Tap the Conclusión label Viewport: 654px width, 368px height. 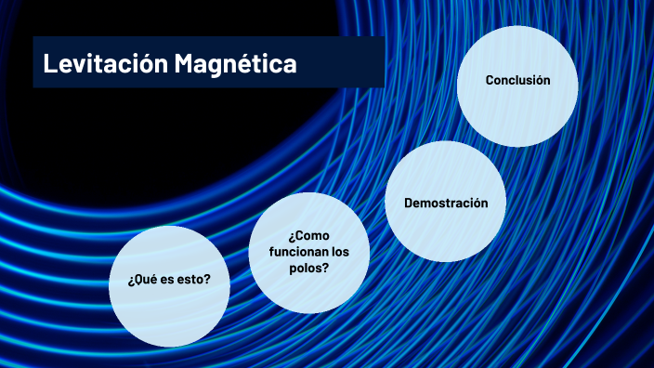517,80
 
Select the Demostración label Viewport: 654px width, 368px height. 446,203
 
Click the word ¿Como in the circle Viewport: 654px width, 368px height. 309,236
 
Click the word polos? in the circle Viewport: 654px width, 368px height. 309,268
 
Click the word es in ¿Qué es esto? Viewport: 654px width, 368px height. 158,279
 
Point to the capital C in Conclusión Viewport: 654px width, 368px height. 490,80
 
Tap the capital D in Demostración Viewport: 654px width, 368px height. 409,203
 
